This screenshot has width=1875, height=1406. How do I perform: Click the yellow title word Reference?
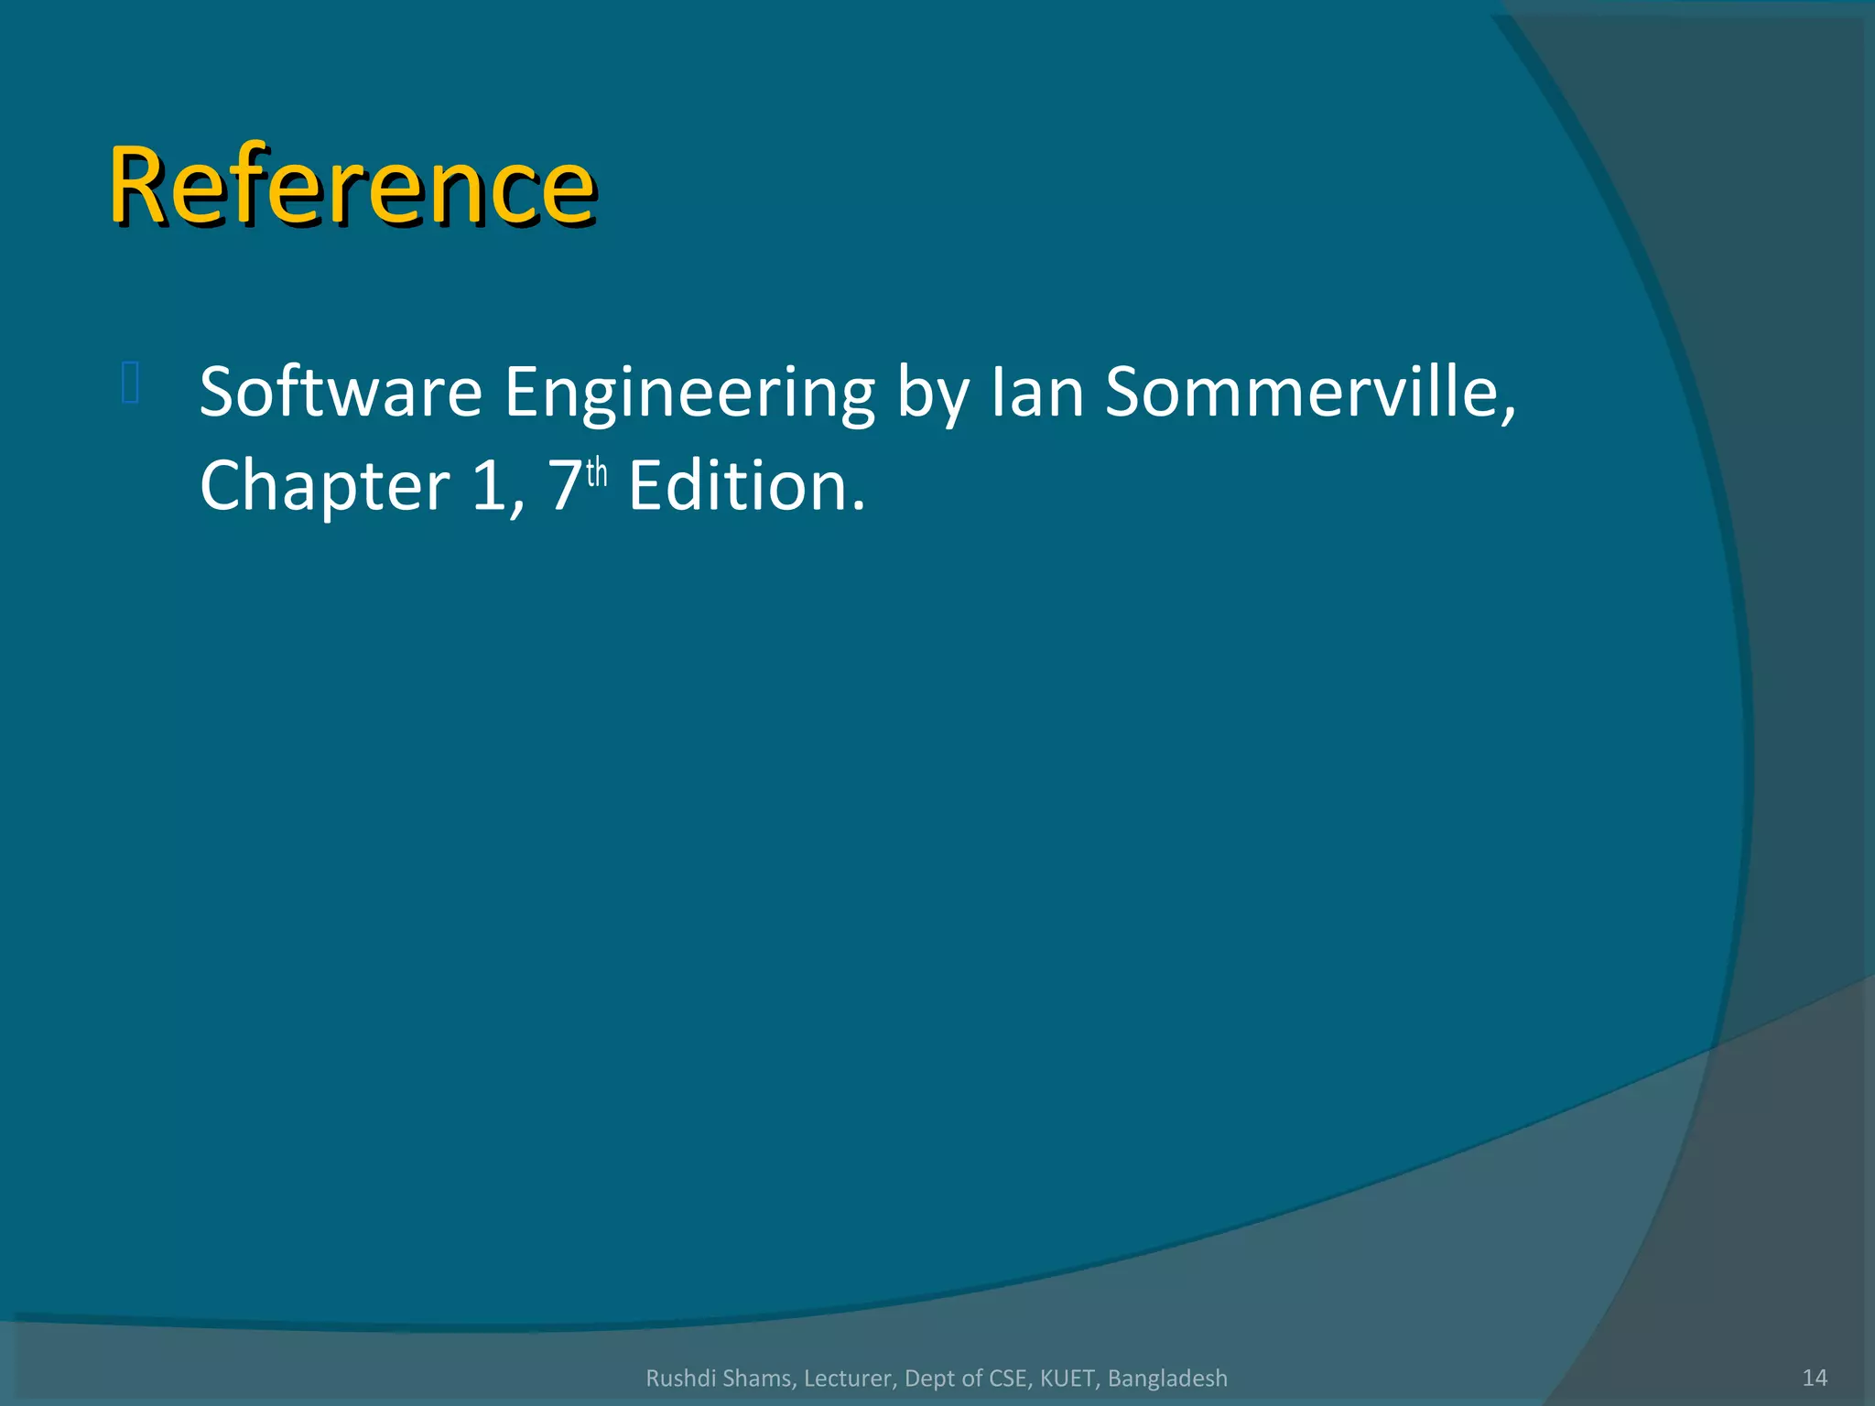pyautogui.click(x=352, y=187)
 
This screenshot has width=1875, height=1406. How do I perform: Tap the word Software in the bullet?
pyautogui.click(x=341, y=392)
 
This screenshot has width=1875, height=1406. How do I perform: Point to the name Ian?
pyautogui.click(x=1037, y=392)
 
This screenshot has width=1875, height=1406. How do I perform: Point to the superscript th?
pyautogui.click(x=597, y=473)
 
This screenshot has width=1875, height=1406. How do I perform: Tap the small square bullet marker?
pyautogui.click(x=130, y=383)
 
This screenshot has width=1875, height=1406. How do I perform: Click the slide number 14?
pyautogui.click(x=1814, y=1378)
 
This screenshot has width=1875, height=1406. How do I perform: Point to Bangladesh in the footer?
pyautogui.click(x=1167, y=1379)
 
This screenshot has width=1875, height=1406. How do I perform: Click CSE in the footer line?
pyautogui.click(x=1008, y=1379)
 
